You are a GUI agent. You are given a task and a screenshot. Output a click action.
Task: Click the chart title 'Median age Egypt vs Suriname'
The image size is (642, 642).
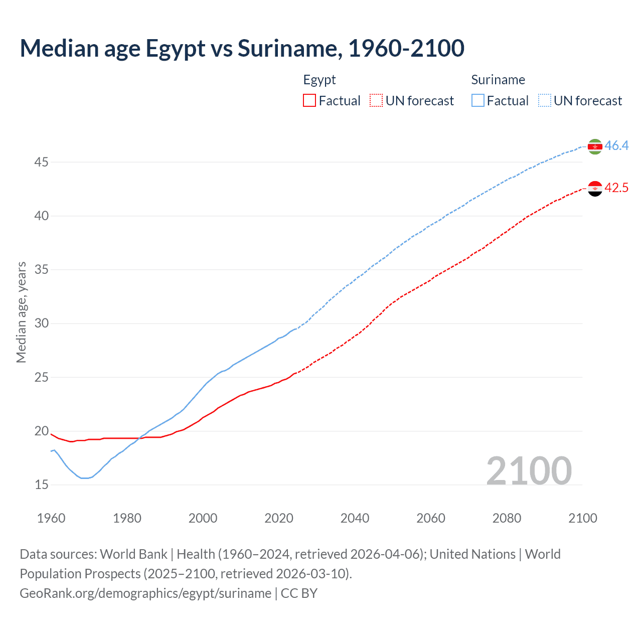[x=242, y=48]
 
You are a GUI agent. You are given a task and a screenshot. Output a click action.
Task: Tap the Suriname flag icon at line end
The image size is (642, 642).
[x=595, y=146]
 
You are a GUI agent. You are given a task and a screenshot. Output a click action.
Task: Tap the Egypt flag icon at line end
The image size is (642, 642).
[x=595, y=189]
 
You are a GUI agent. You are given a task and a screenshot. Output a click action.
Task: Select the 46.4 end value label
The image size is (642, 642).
[x=616, y=146]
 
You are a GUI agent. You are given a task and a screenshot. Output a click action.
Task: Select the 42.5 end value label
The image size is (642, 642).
[x=616, y=188]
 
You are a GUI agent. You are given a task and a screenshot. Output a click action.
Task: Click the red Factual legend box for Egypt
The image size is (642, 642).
[x=309, y=101]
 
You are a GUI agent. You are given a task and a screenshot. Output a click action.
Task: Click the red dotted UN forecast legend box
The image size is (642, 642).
[x=376, y=101]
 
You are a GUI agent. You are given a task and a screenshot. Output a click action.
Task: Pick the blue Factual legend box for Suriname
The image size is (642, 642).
[x=478, y=101]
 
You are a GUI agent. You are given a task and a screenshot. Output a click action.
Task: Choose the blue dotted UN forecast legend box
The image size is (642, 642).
[x=545, y=101]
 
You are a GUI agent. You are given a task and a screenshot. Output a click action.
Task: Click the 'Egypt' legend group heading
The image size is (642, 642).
[x=319, y=80]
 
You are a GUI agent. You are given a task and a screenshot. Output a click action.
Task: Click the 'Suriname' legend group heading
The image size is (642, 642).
[x=498, y=80]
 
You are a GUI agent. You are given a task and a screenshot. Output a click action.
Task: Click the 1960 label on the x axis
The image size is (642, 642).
[x=51, y=518]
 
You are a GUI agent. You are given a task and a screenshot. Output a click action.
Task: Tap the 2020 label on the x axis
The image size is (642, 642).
[x=279, y=518]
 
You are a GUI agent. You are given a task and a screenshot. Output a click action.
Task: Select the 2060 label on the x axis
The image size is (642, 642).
[x=431, y=518]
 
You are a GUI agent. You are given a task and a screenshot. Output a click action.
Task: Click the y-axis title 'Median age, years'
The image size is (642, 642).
[x=21, y=312]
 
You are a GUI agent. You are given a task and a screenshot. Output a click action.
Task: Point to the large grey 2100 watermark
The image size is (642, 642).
[x=529, y=470]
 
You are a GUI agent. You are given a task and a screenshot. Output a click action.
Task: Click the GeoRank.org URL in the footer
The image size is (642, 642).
[x=145, y=593]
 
